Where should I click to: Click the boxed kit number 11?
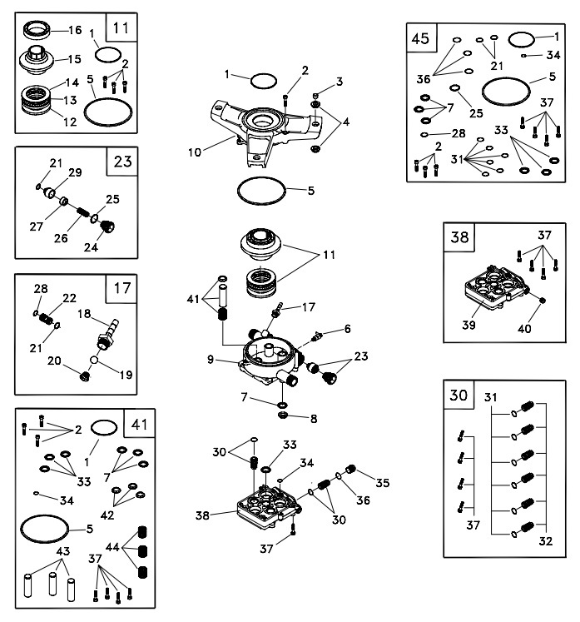pyautogui.click(x=121, y=28)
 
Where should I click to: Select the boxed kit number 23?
pyautogui.click(x=121, y=162)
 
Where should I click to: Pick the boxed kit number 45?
pyautogui.click(x=420, y=38)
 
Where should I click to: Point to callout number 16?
pyautogui.click(x=75, y=29)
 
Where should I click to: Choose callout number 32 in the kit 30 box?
pyautogui.click(x=546, y=540)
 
